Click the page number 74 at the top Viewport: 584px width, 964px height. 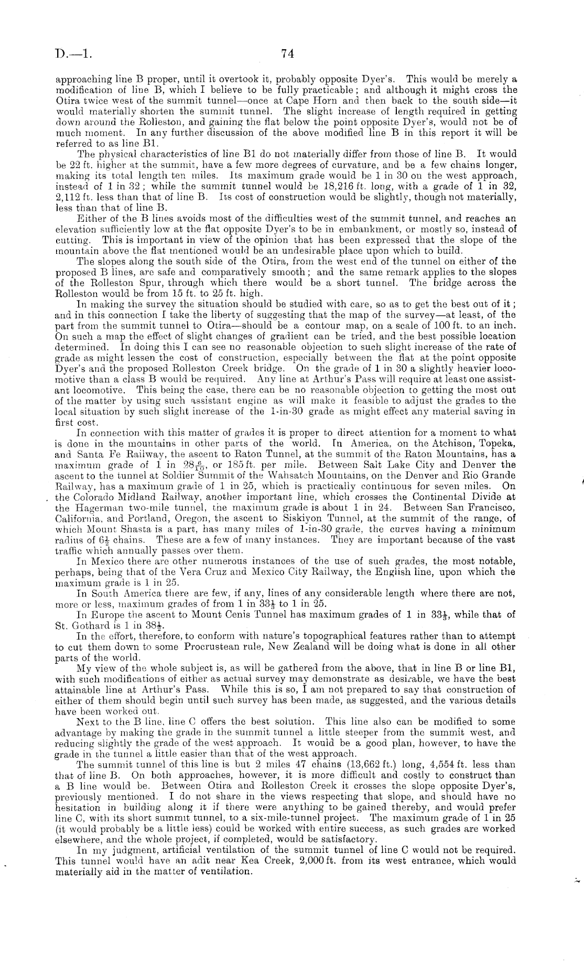[x=287, y=53]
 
